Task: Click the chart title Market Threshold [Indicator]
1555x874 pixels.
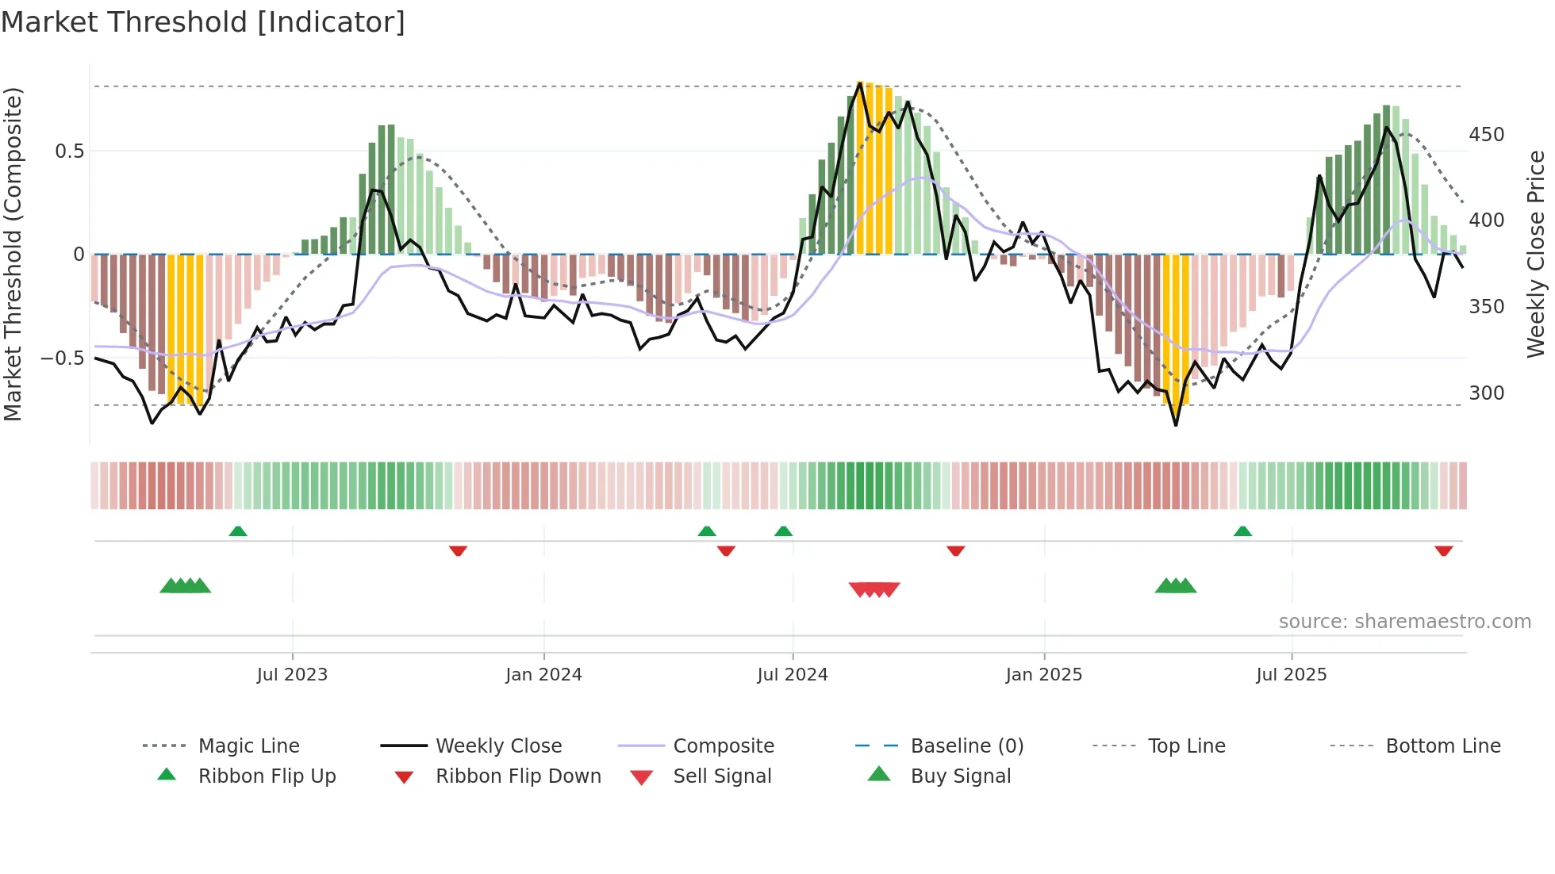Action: [203, 22]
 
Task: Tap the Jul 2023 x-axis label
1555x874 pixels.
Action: [292, 674]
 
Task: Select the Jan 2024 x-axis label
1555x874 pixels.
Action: [543, 674]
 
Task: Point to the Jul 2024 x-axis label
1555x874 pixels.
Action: [792, 674]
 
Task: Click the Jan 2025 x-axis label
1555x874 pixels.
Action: [1043, 674]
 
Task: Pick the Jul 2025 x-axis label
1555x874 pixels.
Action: [1291, 674]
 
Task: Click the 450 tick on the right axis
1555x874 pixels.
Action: [1486, 135]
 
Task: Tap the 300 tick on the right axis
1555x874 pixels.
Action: [1486, 393]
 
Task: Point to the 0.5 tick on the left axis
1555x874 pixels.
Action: [69, 151]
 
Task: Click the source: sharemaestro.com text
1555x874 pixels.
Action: [1404, 621]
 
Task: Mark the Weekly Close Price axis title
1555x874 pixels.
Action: [1536, 254]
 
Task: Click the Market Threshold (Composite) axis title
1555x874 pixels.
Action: [13, 254]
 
